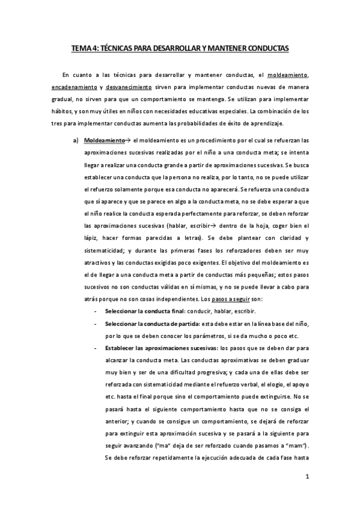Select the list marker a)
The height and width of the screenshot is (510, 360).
pyautogui.click(x=75, y=140)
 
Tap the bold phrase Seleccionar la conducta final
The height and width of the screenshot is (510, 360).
pyautogui.click(x=139, y=312)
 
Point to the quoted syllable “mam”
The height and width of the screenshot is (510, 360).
pyautogui.click(x=296, y=446)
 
